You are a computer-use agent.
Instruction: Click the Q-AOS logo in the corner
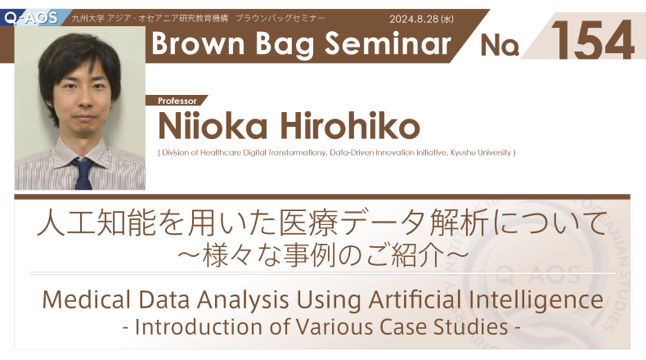[x=31, y=18]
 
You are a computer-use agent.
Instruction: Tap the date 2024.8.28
[x=414, y=20]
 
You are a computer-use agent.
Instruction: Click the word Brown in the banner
[x=198, y=43]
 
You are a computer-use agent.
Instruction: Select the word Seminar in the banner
[x=388, y=43]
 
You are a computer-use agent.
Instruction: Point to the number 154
[x=592, y=40]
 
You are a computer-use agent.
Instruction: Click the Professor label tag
[x=177, y=101]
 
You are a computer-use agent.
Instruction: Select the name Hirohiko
[x=350, y=126]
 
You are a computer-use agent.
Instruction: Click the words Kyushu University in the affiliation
[x=480, y=152]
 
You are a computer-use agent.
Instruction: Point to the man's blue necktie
[x=84, y=173]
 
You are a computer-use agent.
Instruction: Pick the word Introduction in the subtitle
[x=199, y=327]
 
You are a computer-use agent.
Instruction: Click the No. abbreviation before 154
[x=500, y=45]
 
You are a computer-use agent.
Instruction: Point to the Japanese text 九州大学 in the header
[x=87, y=18]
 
